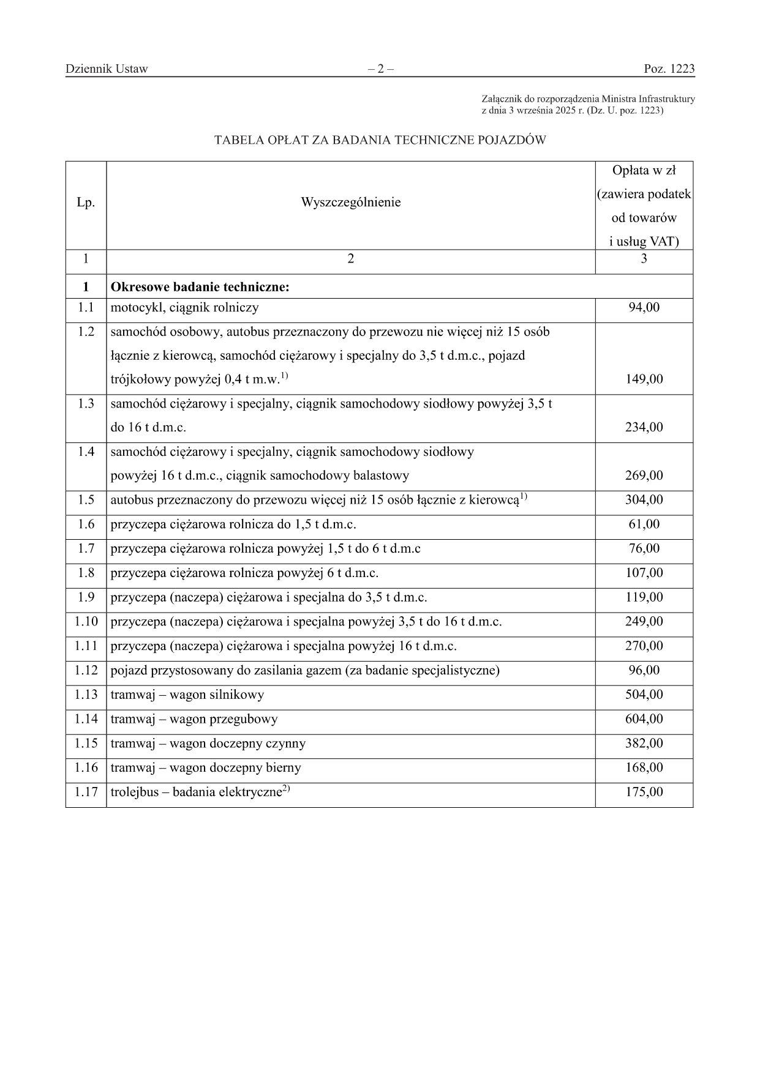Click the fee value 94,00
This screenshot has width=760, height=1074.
pos(644,308)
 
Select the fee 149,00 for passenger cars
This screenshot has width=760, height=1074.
pos(644,379)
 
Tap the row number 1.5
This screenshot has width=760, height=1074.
pos(86,500)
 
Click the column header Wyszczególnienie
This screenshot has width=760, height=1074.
pos(350,203)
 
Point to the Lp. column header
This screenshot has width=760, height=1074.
pos(86,203)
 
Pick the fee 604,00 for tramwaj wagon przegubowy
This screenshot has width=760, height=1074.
pos(644,719)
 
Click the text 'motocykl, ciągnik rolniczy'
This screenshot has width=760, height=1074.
pos(184,308)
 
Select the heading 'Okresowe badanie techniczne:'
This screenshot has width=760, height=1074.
pos(200,287)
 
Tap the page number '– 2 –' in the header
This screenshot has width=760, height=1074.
pos(380,69)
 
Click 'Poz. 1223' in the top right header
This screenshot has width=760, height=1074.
pos(669,69)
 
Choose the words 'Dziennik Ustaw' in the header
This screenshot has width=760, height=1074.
pos(107,69)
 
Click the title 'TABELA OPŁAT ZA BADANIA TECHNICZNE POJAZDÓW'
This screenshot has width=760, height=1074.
pos(380,140)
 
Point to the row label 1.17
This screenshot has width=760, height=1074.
pos(86,792)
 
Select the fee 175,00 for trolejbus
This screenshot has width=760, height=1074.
pos(644,792)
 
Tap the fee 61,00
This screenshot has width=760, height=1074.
pos(644,524)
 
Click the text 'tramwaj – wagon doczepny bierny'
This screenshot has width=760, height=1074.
pos(206,768)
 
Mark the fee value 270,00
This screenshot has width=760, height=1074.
pos(644,646)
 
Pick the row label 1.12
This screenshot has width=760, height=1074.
pos(86,671)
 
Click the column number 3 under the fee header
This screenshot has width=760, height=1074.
pos(644,259)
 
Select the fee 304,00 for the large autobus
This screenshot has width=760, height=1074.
pos(644,500)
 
